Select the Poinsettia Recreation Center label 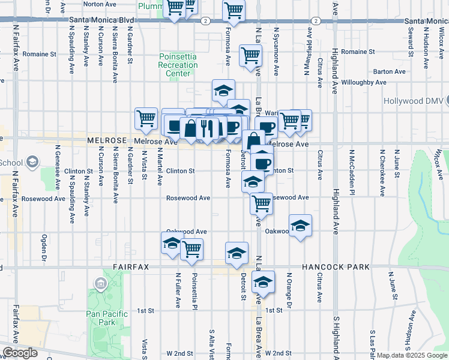click(x=178, y=65)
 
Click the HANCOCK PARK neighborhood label click(x=331, y=266)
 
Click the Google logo click(x=20, y=353)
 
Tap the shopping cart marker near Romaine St click(x=251, y=56)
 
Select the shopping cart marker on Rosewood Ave click(x=262, y=204)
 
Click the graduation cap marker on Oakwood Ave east click(x=300, y=226)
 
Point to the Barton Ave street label click(x=389, y=71)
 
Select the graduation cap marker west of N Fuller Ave click(x=172, y=243)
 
